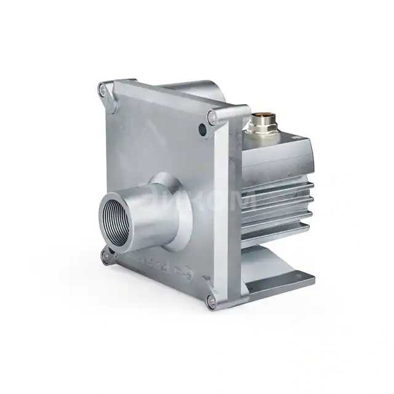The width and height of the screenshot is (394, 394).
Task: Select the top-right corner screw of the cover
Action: pos(212,115)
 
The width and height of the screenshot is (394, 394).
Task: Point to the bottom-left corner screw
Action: pos(106,252)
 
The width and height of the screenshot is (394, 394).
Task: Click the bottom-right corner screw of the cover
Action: pos(211,300)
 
